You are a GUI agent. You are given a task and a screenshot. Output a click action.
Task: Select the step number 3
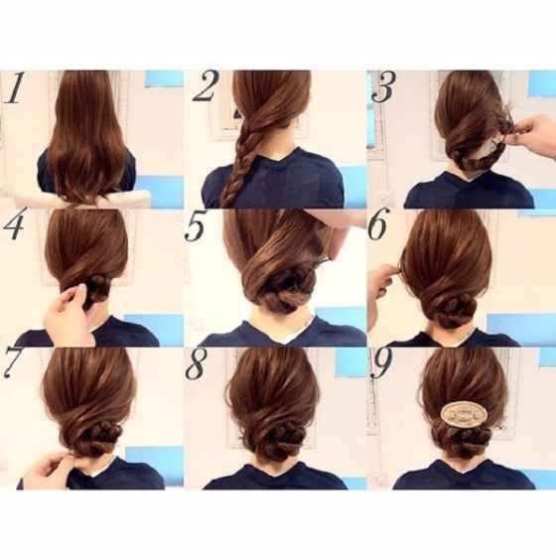(x=382, y=87)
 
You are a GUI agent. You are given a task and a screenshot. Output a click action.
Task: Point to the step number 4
(x=14, y=227)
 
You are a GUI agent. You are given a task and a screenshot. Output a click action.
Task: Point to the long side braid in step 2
(x=239, y=159)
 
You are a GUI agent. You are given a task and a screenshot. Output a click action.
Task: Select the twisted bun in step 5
(x=288, y=287)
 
